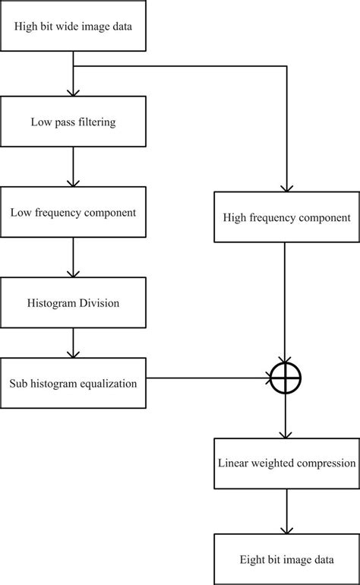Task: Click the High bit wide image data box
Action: click(73, 27)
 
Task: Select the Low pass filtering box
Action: click(73, 122)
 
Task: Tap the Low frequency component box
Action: click(73, 213)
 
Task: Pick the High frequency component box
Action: click(286, 217)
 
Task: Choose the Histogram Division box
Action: click(73, 303)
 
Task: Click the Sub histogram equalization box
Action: click(73, 383)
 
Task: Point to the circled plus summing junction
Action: click(286, 377)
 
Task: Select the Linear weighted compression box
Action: click(286, 463)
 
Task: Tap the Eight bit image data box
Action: click(286, 560)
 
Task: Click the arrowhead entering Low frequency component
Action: click(73, 182)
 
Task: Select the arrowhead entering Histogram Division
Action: click(73, 274)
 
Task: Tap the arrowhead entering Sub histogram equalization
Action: click(73, 353)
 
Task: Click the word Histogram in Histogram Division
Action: click(52, 303)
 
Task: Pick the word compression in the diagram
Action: click(325, 463)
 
